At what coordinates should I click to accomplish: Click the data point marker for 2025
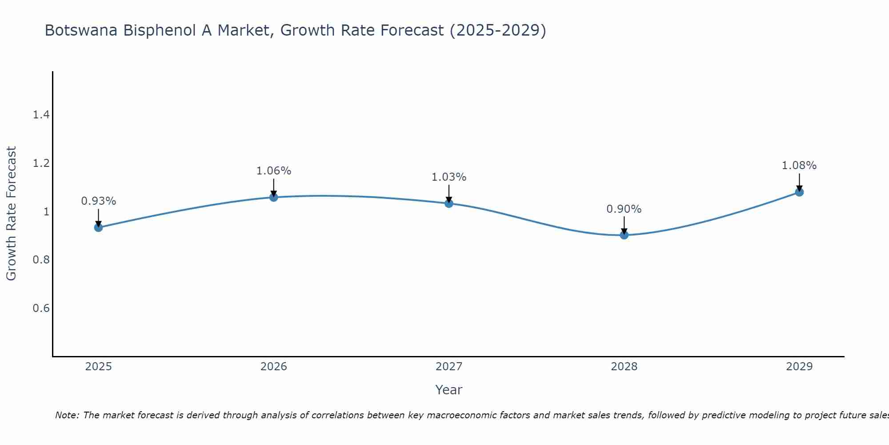[98, 227]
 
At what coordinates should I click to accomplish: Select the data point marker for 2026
[273, 197]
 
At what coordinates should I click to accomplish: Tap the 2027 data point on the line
[449, 203]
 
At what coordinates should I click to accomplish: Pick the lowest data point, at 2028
[624, 235]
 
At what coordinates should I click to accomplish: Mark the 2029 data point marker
[799, 192]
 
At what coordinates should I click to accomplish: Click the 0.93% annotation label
[98, 201]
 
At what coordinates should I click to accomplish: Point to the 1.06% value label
[273, 171]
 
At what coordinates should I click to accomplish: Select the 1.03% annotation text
[449, 177]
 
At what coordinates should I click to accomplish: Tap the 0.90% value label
[624, 209]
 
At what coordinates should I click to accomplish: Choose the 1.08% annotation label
[799, 166]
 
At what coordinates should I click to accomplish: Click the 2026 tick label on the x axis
[273, 367]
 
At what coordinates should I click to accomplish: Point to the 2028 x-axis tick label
[624, 367]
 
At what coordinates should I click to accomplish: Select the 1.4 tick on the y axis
[41, 115]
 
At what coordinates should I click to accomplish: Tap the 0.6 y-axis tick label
[41, 308]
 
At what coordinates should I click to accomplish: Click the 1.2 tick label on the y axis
[41, 163]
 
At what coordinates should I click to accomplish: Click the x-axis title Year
[449, 390]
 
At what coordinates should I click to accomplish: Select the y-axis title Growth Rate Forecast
[11, 214]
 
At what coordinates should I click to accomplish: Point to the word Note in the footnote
[67, 415]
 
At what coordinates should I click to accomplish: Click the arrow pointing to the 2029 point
[799, 182]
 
